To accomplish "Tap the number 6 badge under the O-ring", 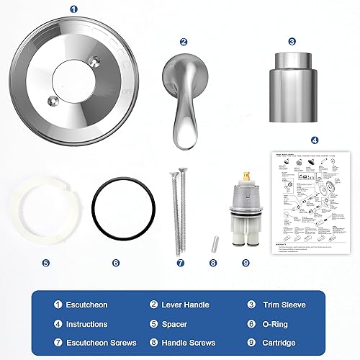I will (116, 263).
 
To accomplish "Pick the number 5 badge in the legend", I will (154, 324).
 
